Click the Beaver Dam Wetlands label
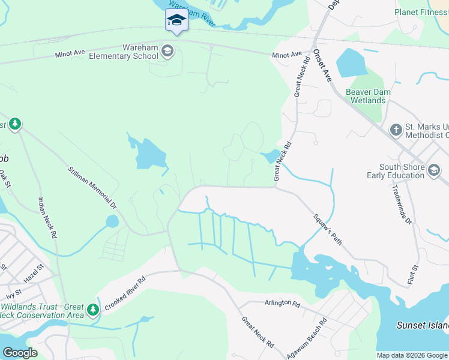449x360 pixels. pyautogui.click(x=368, y=96)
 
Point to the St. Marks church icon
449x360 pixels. pyautogui.click(x=396, y=130)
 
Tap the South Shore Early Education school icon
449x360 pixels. pyautogui.click(x=433, y=170)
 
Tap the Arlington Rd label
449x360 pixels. pyautogui.click(x=282, y=304)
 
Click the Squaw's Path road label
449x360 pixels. pyautogui.click(x=327, y=229)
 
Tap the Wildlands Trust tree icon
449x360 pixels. pyautogui.click(x=92, y=310)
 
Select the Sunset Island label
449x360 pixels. pyautogui.click(x=423, y=325)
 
